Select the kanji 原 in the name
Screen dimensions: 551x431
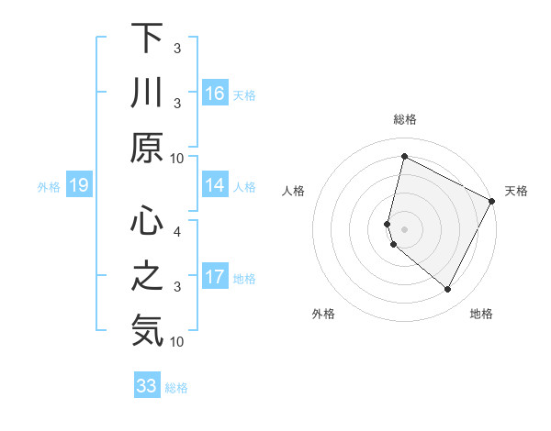(147, 147)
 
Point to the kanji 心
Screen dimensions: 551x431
(147, 220)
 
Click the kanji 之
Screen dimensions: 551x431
(147, 276)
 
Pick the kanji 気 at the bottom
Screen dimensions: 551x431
(147, 330)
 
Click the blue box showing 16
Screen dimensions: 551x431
(215, 93)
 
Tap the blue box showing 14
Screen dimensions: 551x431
(215, 185)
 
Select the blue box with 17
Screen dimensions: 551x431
(215, 277)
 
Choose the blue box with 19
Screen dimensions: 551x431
(79, 186)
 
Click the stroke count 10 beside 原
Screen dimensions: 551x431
(177, 158)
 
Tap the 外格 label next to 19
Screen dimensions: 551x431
(49, 187)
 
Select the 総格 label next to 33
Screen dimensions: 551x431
(176, 388)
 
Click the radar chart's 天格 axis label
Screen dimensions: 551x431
(516, 191)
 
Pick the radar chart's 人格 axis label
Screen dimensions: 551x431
(293, 191)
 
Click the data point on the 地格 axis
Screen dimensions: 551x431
(448, 290)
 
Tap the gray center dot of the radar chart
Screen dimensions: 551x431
(404, 228)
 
